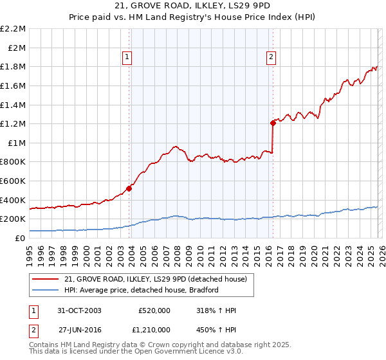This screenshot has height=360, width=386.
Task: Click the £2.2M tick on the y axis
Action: [x=13, y=29]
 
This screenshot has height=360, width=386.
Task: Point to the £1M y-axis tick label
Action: [x=16, y=143]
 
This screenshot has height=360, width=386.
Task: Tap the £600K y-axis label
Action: [x=13, y=181]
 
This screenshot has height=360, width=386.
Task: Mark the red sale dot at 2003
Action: [x=129, y=188]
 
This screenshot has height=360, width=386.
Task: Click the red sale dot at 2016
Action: [x=273, y=123]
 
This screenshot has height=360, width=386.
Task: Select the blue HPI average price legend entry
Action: [x=142, y=290]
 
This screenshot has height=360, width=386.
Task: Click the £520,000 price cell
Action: [x=154, y=310]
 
